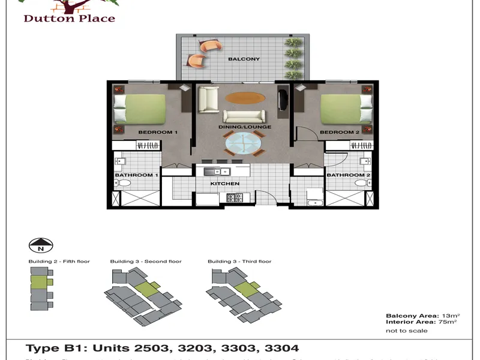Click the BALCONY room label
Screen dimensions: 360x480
tap(244, 59)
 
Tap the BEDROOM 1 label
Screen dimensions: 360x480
tap(155, 132)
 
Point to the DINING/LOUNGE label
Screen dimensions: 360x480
tap(245, 127)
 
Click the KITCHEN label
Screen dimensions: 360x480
tap(225, 184)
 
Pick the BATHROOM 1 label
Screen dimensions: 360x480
tap(136, 175)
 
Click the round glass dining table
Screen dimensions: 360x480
tap(243, 144)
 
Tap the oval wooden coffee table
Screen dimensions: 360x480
tap(244, 98)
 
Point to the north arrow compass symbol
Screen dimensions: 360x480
tap(41, 245)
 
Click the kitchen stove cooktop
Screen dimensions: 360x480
tap(235, 197)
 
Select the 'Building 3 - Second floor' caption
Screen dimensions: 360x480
tap(146, 262)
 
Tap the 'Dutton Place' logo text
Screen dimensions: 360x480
tap(70, 18)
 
